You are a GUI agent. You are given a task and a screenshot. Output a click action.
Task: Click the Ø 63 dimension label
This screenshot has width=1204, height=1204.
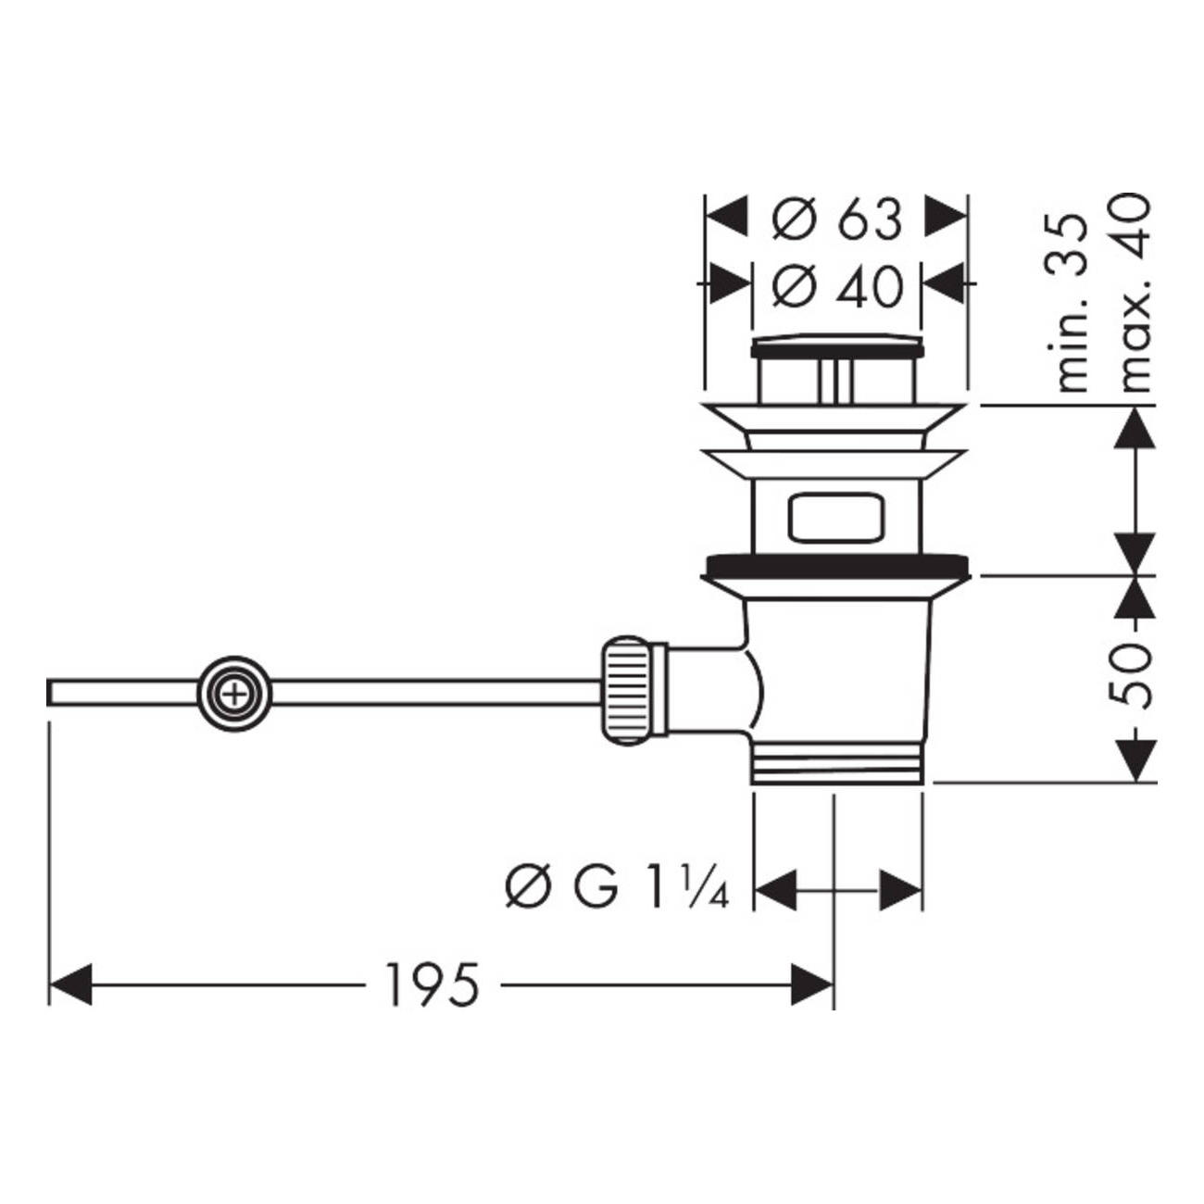(836, 219)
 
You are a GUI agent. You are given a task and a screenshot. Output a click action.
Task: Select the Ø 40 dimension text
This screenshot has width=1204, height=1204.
(837, 286)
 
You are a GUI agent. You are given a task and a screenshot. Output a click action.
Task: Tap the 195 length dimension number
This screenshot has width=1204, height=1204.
(433, 985)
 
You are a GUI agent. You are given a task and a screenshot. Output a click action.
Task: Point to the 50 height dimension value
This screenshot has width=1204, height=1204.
(1131, 677)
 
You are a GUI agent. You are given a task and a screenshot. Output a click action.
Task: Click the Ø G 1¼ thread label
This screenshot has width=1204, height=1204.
(617, 889)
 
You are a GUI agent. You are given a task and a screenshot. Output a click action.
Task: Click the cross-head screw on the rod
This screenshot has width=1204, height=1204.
(234, 695)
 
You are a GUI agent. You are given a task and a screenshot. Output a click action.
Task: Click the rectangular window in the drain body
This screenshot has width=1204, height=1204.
(836, 518)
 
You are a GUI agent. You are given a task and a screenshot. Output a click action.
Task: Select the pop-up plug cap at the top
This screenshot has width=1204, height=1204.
(837, 346)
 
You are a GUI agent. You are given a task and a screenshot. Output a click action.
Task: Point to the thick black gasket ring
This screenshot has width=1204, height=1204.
(837, 566)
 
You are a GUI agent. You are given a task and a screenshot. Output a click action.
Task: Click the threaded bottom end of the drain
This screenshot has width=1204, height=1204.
(837, 763)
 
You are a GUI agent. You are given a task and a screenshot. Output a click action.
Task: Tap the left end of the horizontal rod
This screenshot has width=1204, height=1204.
(49, 694)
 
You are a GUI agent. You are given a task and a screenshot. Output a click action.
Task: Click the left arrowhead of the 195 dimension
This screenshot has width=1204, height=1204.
(70, 985)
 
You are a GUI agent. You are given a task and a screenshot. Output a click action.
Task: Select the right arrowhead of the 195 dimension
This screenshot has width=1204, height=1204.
(811, 985)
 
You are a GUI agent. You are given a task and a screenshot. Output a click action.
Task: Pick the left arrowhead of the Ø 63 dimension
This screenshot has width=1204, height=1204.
(727, 216)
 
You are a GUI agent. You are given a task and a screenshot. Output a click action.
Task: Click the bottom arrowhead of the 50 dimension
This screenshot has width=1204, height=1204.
(1135, 760)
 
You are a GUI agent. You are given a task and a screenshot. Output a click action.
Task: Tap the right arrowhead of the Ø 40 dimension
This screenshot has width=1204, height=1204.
(944, 283)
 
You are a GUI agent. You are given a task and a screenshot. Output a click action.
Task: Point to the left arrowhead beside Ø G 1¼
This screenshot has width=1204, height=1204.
(775, 890)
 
